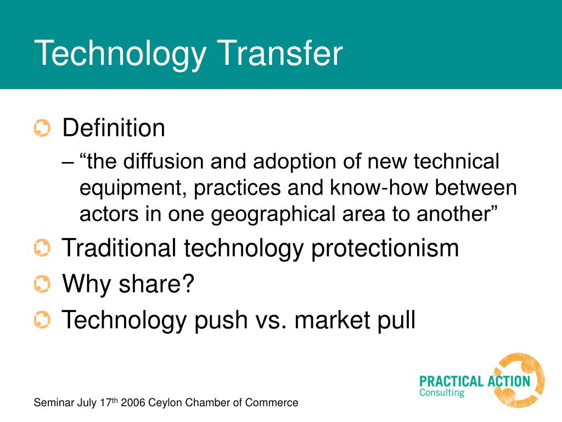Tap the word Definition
coord(114,129)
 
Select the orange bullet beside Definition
coord(41,129)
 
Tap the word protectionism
coord(385,248)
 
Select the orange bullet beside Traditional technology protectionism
coord(41,249)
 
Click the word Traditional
coord(119,248)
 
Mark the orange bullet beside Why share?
coord(41,284)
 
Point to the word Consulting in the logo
coord(442,393)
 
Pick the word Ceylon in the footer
coord(166,403)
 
